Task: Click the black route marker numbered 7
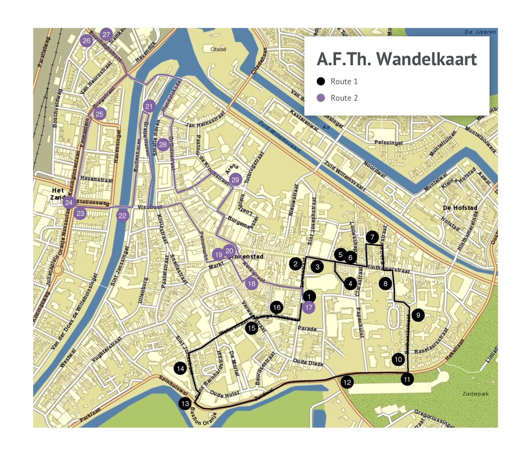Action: click(x=372, y=237)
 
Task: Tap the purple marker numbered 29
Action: click(x=235, y=180)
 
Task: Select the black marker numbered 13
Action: click(x=185, y=404)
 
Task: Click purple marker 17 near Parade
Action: click(x=308, y=307)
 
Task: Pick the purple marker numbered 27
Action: click(x=106, y=34)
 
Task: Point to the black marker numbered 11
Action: click(x=407, y=379)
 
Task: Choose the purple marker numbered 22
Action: click(x=122, y=215)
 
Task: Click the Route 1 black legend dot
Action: click(x=321, y=81)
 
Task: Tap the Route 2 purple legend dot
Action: click(x=321, y=98)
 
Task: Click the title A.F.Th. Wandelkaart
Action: click(x=397, y=59)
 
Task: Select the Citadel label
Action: click(x=218, y=49)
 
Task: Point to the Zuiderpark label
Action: click(x=475, y=394)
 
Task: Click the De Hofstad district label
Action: click(x=460, y=208)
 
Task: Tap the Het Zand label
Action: click(x=58, y=194)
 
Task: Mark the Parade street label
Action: click(x=307, y=329)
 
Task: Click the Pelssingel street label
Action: click(x=388, y=142)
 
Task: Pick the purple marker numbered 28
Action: click(x=163, y=144)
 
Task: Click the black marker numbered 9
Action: click(x=418, y=315)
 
